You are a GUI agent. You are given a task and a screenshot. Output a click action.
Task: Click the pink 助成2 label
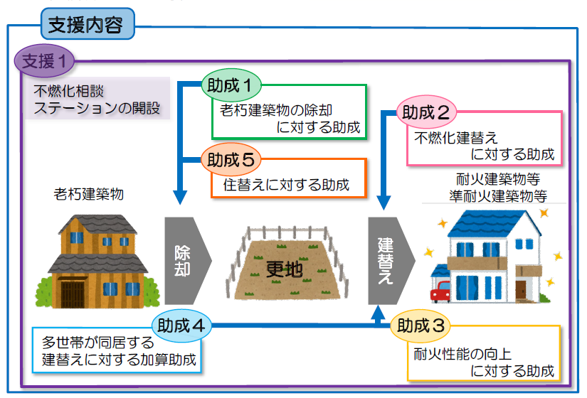[x=425, y=112]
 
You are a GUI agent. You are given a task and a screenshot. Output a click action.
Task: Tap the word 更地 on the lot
[x=284, y=269]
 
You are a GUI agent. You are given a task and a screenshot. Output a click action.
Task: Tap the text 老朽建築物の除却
[x=276, y=110]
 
